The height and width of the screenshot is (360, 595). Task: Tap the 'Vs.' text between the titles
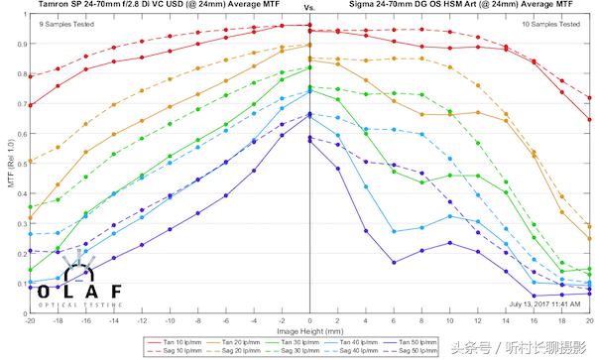coord(308,7)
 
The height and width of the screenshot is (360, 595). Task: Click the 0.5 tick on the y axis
coord(21,164)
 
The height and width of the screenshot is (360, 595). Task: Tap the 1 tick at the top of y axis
coord(24,17)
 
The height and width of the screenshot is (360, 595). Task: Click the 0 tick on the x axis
coord(310,321)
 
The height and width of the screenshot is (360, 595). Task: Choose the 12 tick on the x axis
coord(478,321)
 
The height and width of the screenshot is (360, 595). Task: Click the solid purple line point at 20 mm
coord(590,295)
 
